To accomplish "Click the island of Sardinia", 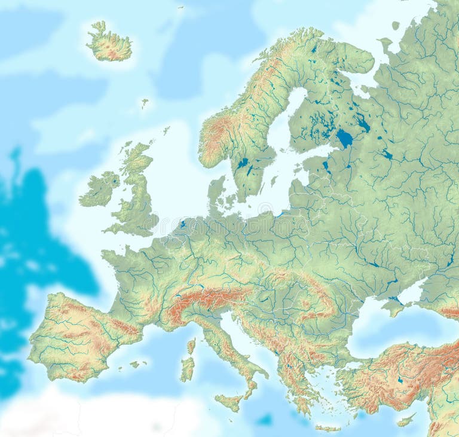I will point(188,368).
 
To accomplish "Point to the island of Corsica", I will point(191,346).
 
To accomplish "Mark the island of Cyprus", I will point(406,420).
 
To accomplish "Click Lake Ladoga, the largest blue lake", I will point(345,139).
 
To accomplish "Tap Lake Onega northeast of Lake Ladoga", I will point(362,123).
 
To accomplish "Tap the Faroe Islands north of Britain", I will point(144,103).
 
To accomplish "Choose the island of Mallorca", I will point(136,364).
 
